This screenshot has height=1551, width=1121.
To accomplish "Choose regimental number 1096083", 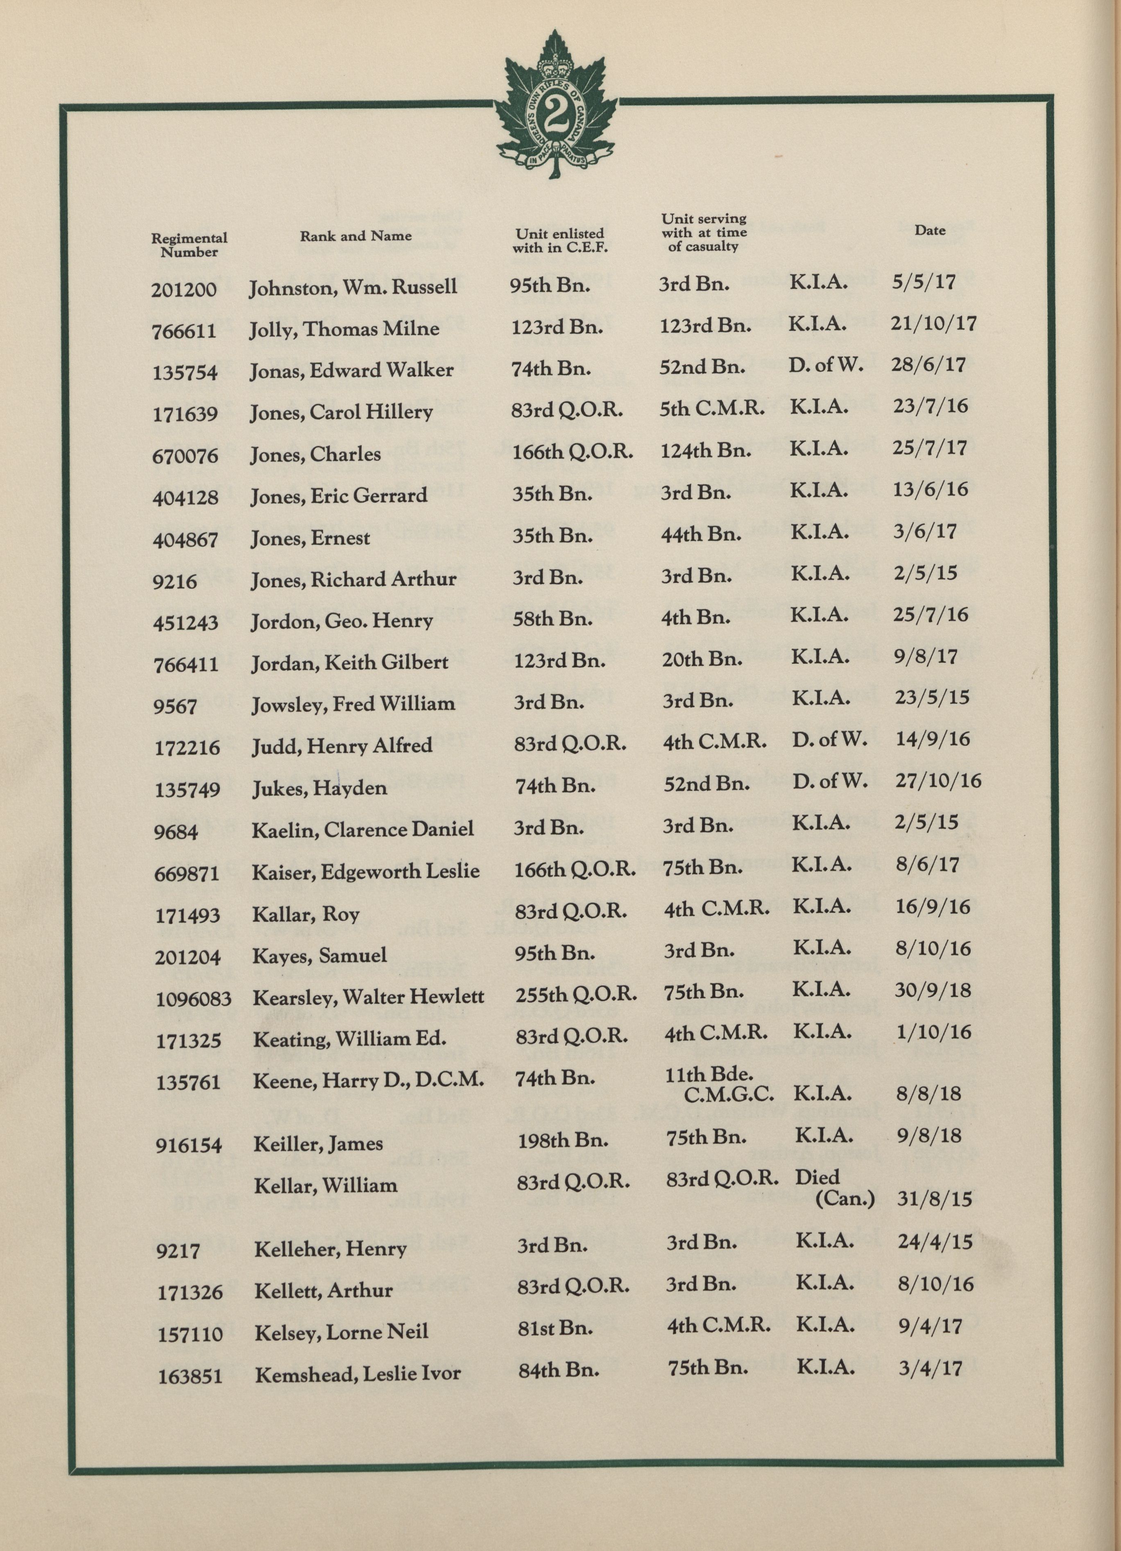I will pyautogui.click(x=194, y=999).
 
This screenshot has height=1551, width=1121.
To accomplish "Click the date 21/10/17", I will pyautogui.click(x=933, y=323).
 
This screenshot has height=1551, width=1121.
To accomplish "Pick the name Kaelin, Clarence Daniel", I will pyautogui.click(x=362, y=829).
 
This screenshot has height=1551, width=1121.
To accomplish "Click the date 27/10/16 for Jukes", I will pyautogui.click(x=938, y=780).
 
